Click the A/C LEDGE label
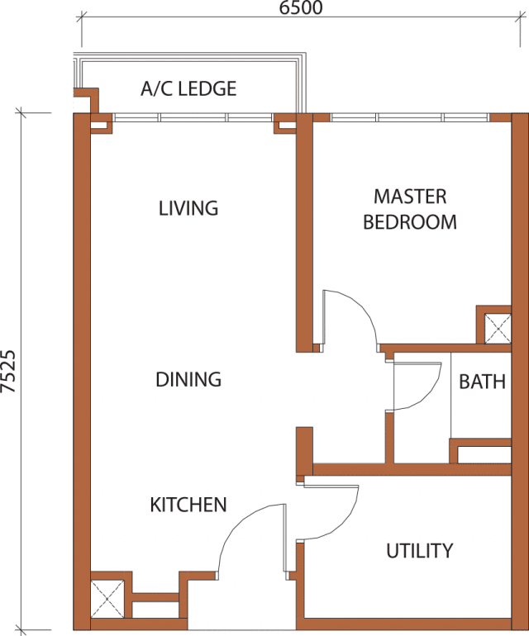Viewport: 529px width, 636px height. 188,89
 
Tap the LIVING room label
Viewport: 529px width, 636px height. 188,208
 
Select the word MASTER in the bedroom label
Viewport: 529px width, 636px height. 410,197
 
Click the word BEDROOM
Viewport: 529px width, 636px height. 410,222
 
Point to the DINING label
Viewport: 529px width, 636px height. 188,380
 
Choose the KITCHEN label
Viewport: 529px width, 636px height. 188,505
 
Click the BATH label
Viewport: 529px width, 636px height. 483,382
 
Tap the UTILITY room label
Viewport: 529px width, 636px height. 419,551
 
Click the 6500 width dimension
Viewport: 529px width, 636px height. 301,7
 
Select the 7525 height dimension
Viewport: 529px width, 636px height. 8,372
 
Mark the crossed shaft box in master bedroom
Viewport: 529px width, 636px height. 498,328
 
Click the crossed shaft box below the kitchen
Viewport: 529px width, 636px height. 107,599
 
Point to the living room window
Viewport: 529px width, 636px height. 193,117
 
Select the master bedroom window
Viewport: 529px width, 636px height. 410,117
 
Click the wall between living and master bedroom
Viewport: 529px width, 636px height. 304,233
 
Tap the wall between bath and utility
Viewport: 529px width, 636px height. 412,470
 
